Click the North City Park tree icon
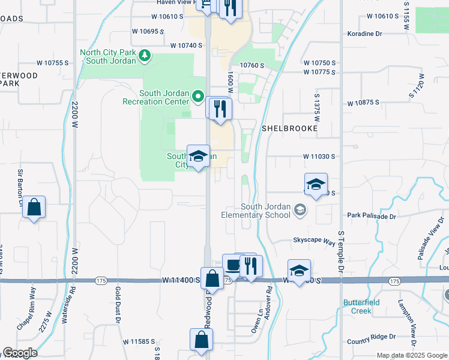click(x=144, y=56)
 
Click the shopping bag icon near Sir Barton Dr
click(x=34, y=208)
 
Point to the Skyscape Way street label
click(x=313, y=241)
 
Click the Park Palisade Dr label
click(x=372, y=214)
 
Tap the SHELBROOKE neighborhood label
click(x=289, y=128)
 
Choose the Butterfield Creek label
click(x=362, y=307)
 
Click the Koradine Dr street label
click(x=364, y=34)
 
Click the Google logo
click(x=20, y=353)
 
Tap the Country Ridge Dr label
click(x=371, y=337)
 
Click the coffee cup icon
click(x=233, y=265)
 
